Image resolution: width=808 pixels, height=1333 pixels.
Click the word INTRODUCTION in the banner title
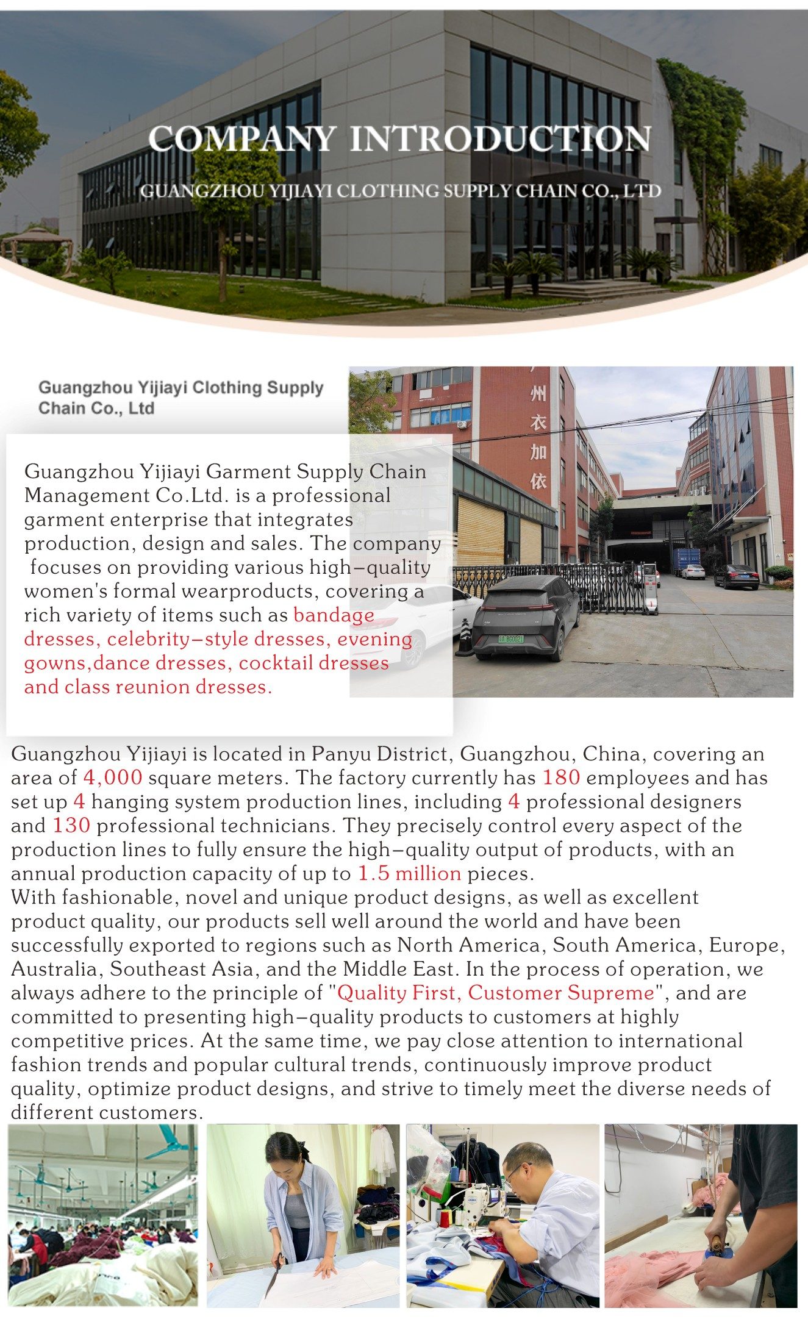pyautogui.click(x=500, y=139)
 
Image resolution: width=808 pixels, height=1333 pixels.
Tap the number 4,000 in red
pyautogui.click(x=113, y=777)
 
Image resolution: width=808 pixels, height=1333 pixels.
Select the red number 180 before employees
pyautogui.click(x=560, y=777)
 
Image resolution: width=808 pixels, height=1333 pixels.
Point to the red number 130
pyautogui.click(x=71, y=825)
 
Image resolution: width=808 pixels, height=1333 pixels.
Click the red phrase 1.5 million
pyautogui.click(x=409, y=873)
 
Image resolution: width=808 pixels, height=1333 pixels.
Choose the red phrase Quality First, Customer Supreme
pyautogui.click(x=495, y=993)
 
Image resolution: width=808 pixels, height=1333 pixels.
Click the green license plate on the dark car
pyautogui.click(x=511, y=639)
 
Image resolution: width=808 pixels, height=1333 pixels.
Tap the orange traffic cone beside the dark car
pyautogui.click(x=465, y=638)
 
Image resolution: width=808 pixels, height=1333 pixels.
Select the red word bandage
pyautogui.click(x=334, y=615)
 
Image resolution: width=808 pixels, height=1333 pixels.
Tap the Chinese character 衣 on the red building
pyautogui.click(x=538, y=423)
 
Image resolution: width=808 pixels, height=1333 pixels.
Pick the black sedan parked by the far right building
pyautogui.click(x=737, y=576)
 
